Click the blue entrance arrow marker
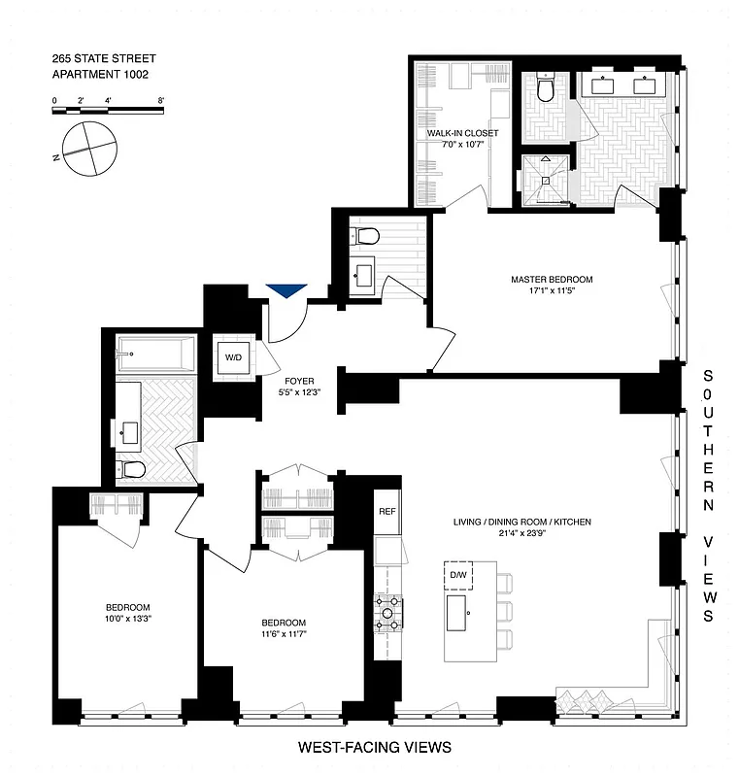[x=286, y=290]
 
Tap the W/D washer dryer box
[x=234, y=357]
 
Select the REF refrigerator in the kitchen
[x=386, y=512]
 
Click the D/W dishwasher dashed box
[x=457, y=577]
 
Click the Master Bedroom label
[x=552, y=285]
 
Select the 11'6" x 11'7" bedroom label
[x=284, y=628]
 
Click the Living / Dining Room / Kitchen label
[x=521, y=527]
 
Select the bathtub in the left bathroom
[x=156, y=354]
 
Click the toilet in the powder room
[x=368, y=236]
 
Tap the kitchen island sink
[x=466, y=613]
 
